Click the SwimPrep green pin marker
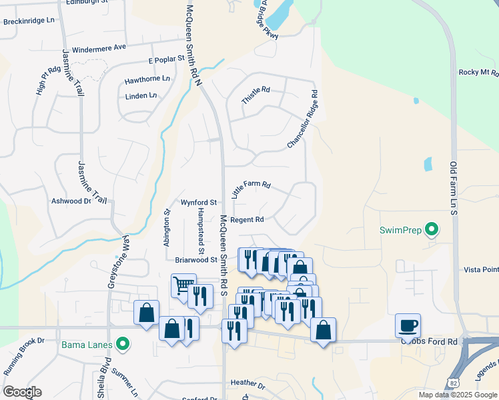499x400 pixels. click(x=432, y=230)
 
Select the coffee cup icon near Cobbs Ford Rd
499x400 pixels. click(x=408, y=325)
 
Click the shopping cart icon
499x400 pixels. click(x=182, y=285)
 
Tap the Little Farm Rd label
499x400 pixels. click(x=251, y=189)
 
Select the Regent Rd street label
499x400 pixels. click(x=247, y=219)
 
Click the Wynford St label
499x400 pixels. click(x=199, y=202)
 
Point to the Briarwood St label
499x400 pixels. click(x=196, y=260)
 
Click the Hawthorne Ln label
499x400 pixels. click(x=147, y=80)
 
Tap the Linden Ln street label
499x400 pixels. click(x=141, y=96)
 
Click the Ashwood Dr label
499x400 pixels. click(x=71, y=201)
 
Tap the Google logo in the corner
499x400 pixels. click(x=22, y=392)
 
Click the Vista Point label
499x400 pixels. click(x=480, y=269)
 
